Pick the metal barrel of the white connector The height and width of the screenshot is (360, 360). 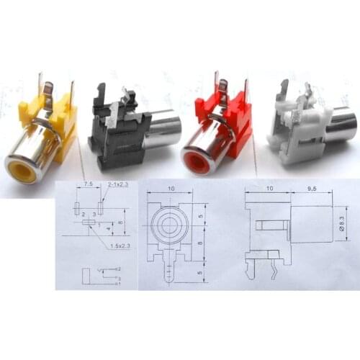click(x=341, y=124)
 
